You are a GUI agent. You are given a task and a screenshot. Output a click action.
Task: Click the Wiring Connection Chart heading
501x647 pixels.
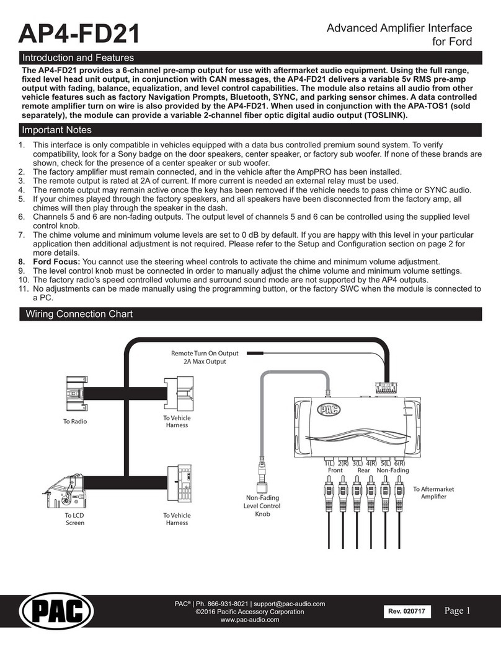click(78, 314)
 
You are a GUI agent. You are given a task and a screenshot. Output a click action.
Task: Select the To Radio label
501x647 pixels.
click(75, 421)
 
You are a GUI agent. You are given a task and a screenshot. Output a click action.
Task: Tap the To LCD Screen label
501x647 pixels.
click(75, 519)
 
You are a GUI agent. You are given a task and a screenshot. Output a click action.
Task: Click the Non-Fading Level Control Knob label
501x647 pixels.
click(263, 505)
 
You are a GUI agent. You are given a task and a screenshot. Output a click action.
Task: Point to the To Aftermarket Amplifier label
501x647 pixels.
click(433, 493)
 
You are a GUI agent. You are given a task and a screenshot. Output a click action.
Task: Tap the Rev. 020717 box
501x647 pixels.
click(406, 613)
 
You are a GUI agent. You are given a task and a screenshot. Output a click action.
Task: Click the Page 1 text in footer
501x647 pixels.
click(458, 611)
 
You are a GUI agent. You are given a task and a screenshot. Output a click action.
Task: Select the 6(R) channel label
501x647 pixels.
click(399, 463)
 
